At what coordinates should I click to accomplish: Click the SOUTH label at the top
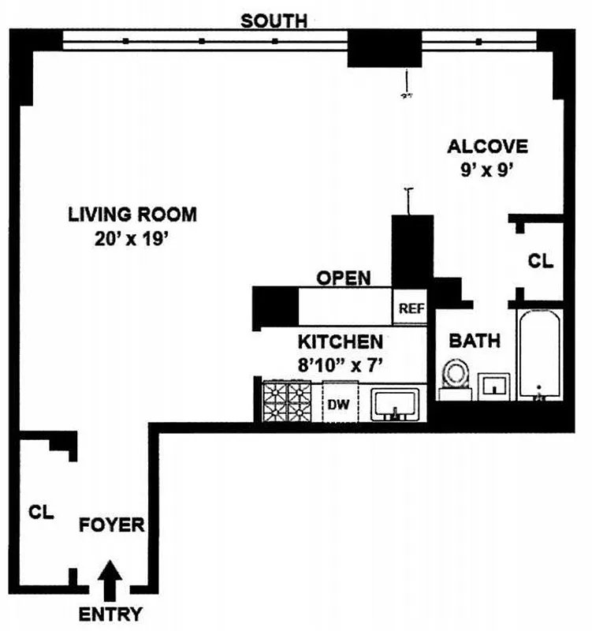[x=274, y=21]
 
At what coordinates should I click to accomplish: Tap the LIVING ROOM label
[x=132, y=215]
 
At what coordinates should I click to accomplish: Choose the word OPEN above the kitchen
[x=343, y=278]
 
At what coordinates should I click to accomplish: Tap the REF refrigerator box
[x=410, y=308]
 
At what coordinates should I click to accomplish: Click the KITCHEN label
[x=340, y=342]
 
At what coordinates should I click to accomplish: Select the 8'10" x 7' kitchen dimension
[x=340, y=366]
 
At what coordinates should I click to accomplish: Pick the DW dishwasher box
[x=340, y=405]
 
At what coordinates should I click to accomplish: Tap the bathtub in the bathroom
[x=538, y=355]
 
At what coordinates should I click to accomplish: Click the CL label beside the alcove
[x=540, y=261]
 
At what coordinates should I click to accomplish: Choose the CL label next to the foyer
[x=41, y=512]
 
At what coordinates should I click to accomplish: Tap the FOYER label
[x=111, y=525]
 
